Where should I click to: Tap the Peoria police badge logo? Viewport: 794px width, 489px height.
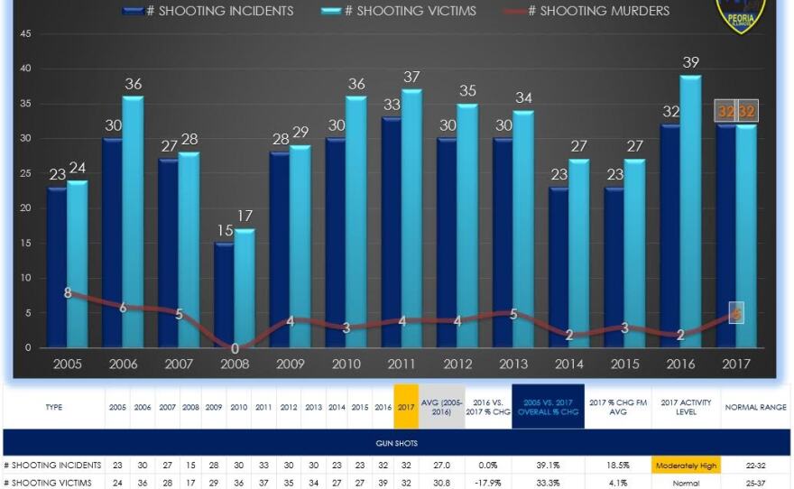pyautogui.click(x=741, y=14)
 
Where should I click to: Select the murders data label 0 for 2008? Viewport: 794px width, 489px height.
pyautogui.click(x=235, y=348)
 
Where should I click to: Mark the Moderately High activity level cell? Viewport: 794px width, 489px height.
pyautogui.click(x=683, y=465)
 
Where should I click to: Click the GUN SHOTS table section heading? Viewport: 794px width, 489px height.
pyautogui.click(x=396, y=444)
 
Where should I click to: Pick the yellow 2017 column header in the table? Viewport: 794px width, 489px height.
pyautogui.click(x=405, y=407)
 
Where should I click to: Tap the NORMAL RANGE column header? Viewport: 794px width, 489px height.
pyautogui.click(x=755, y=407)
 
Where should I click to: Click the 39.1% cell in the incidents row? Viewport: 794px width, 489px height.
pyautogui.click(x=549, y=465)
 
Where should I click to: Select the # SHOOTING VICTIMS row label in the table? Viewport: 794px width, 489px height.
pyautogui.click(x=47, y=483)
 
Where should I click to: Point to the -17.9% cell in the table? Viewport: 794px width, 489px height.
pyautogui.click(x=488, y=483)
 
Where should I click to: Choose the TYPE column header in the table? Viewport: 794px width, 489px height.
pyautogui.click(x=53, y=407)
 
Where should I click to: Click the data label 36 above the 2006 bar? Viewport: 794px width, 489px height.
pyautogui.click(x=134, y=85)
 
